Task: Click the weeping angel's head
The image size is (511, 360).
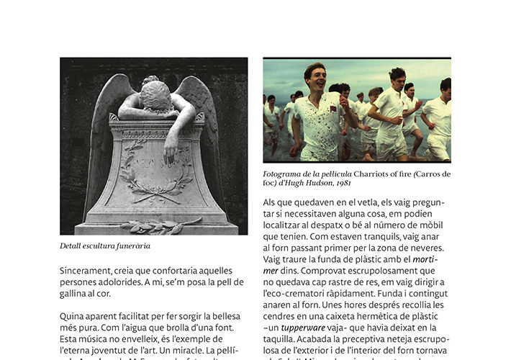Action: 156,94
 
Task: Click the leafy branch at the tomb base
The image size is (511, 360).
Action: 161,225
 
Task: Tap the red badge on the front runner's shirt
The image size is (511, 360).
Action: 335,110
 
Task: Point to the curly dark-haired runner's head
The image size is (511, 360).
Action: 397,76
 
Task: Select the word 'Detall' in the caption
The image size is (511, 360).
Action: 70,246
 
